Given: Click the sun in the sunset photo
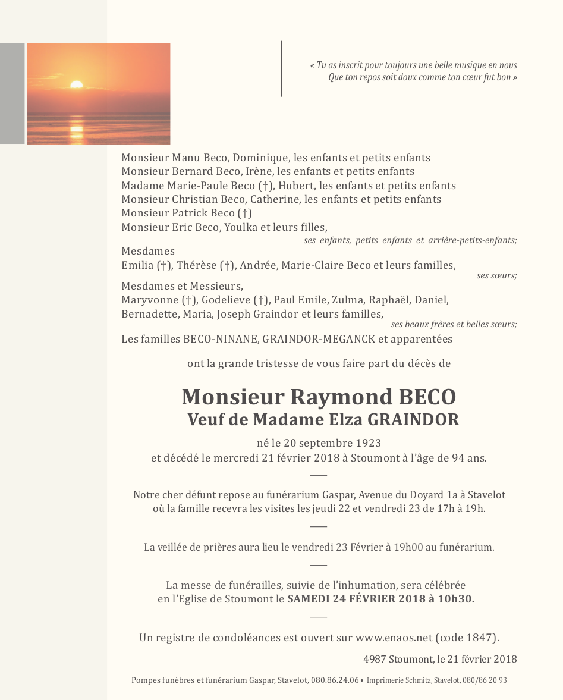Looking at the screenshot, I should (77, 84).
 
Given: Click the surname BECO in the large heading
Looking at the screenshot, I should (426, 397).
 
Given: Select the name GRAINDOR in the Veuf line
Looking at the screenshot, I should (413, 419).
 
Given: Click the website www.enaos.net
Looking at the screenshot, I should (394, 638).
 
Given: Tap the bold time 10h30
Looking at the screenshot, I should (455, 599).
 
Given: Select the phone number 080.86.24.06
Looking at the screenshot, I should (335, 680).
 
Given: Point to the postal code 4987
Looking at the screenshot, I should (375, 659).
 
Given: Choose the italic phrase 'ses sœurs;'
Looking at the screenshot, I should (496, 276).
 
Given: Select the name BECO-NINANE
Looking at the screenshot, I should (217, 340).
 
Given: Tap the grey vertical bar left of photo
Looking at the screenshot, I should (12, 93).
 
